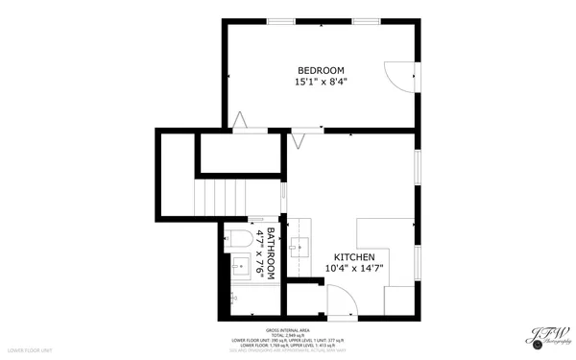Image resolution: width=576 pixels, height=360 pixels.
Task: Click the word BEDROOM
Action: point(321,70)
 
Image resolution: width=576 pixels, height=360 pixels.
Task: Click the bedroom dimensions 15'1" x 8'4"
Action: point(321,83)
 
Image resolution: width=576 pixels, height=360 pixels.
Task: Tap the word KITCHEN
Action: point(354,256)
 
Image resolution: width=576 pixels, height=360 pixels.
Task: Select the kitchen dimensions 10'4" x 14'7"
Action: point(354,269)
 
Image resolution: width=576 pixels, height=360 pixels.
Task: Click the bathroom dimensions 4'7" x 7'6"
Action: point(258,254)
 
